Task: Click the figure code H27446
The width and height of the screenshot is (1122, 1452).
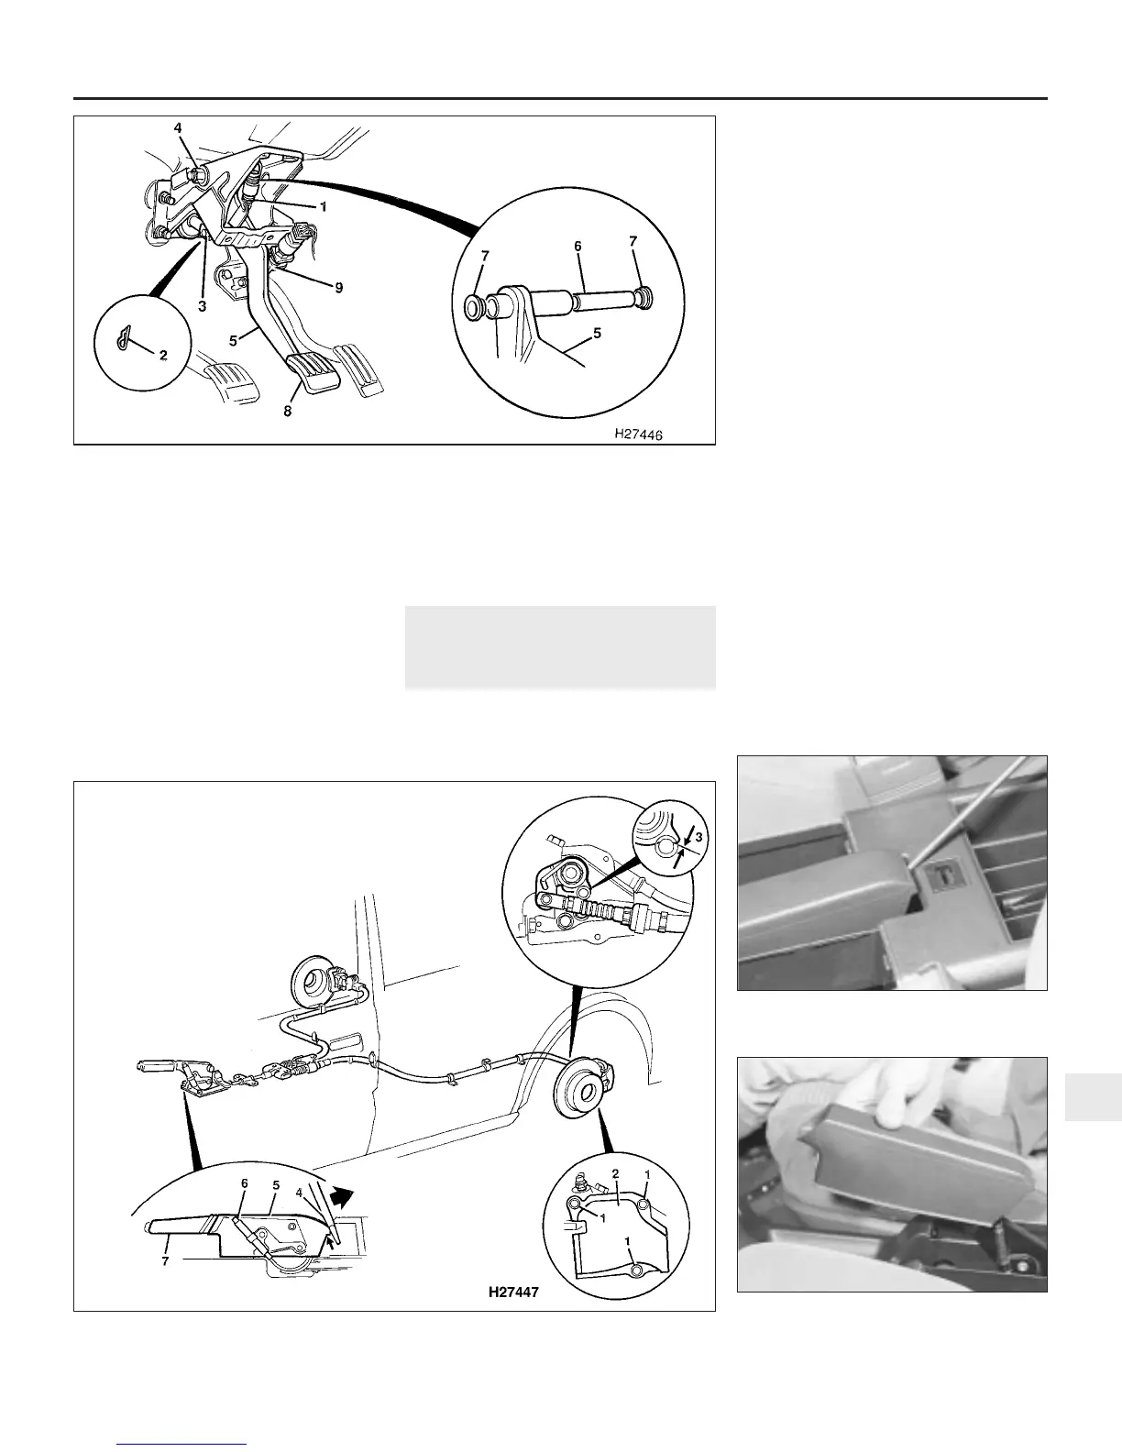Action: pyautogui.click(x=638, y=434)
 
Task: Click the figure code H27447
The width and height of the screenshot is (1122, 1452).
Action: pyautogui.click(x=513, y=1292)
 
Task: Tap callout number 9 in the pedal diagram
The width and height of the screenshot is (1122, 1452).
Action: pyautogui.click(x=339, y=287)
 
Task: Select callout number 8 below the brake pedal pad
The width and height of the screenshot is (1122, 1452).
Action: pyautogui.click(x=287, y=412)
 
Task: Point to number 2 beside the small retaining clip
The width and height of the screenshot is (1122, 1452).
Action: pyautogui.click(x=163, y=355)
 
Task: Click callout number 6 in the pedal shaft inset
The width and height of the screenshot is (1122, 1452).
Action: pyautogui.click(x=578, y=246)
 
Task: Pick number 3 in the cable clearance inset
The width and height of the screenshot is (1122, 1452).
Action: pyautogui.click(x=699, y=837)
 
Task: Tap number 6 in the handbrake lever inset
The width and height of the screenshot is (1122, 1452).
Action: pyautogui.click(x=245, y=1183)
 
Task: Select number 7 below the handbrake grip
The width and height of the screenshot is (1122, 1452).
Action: pyautogui.click(x=165, y=1261)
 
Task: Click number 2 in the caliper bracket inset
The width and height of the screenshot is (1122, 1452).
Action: pyautogui.click(x=615, y=1174)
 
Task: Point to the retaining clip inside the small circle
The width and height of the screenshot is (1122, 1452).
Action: pyautogui.click(x=124, y=339)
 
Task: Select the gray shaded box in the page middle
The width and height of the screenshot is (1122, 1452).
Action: pyautogui.click(x=560, y=647)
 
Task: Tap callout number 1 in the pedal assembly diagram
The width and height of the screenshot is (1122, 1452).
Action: pyautogui.click(x=324, y=207)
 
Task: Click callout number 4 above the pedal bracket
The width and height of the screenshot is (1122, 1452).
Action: pyautogui.click(x=178, y=127)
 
